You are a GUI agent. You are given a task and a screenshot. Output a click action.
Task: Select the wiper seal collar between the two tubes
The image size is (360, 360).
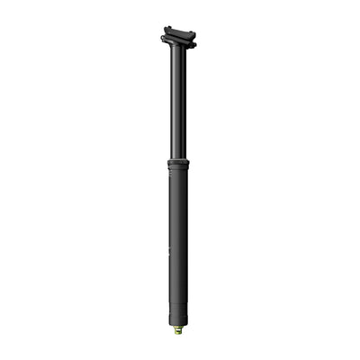click(178, 164)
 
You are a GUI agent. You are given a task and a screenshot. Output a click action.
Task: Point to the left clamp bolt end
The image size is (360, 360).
click(164, 40)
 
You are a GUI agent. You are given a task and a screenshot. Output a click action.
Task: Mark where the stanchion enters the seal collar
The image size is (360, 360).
click(178, 158)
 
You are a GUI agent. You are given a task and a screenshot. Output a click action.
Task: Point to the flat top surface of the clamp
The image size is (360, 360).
click(179, 31)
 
